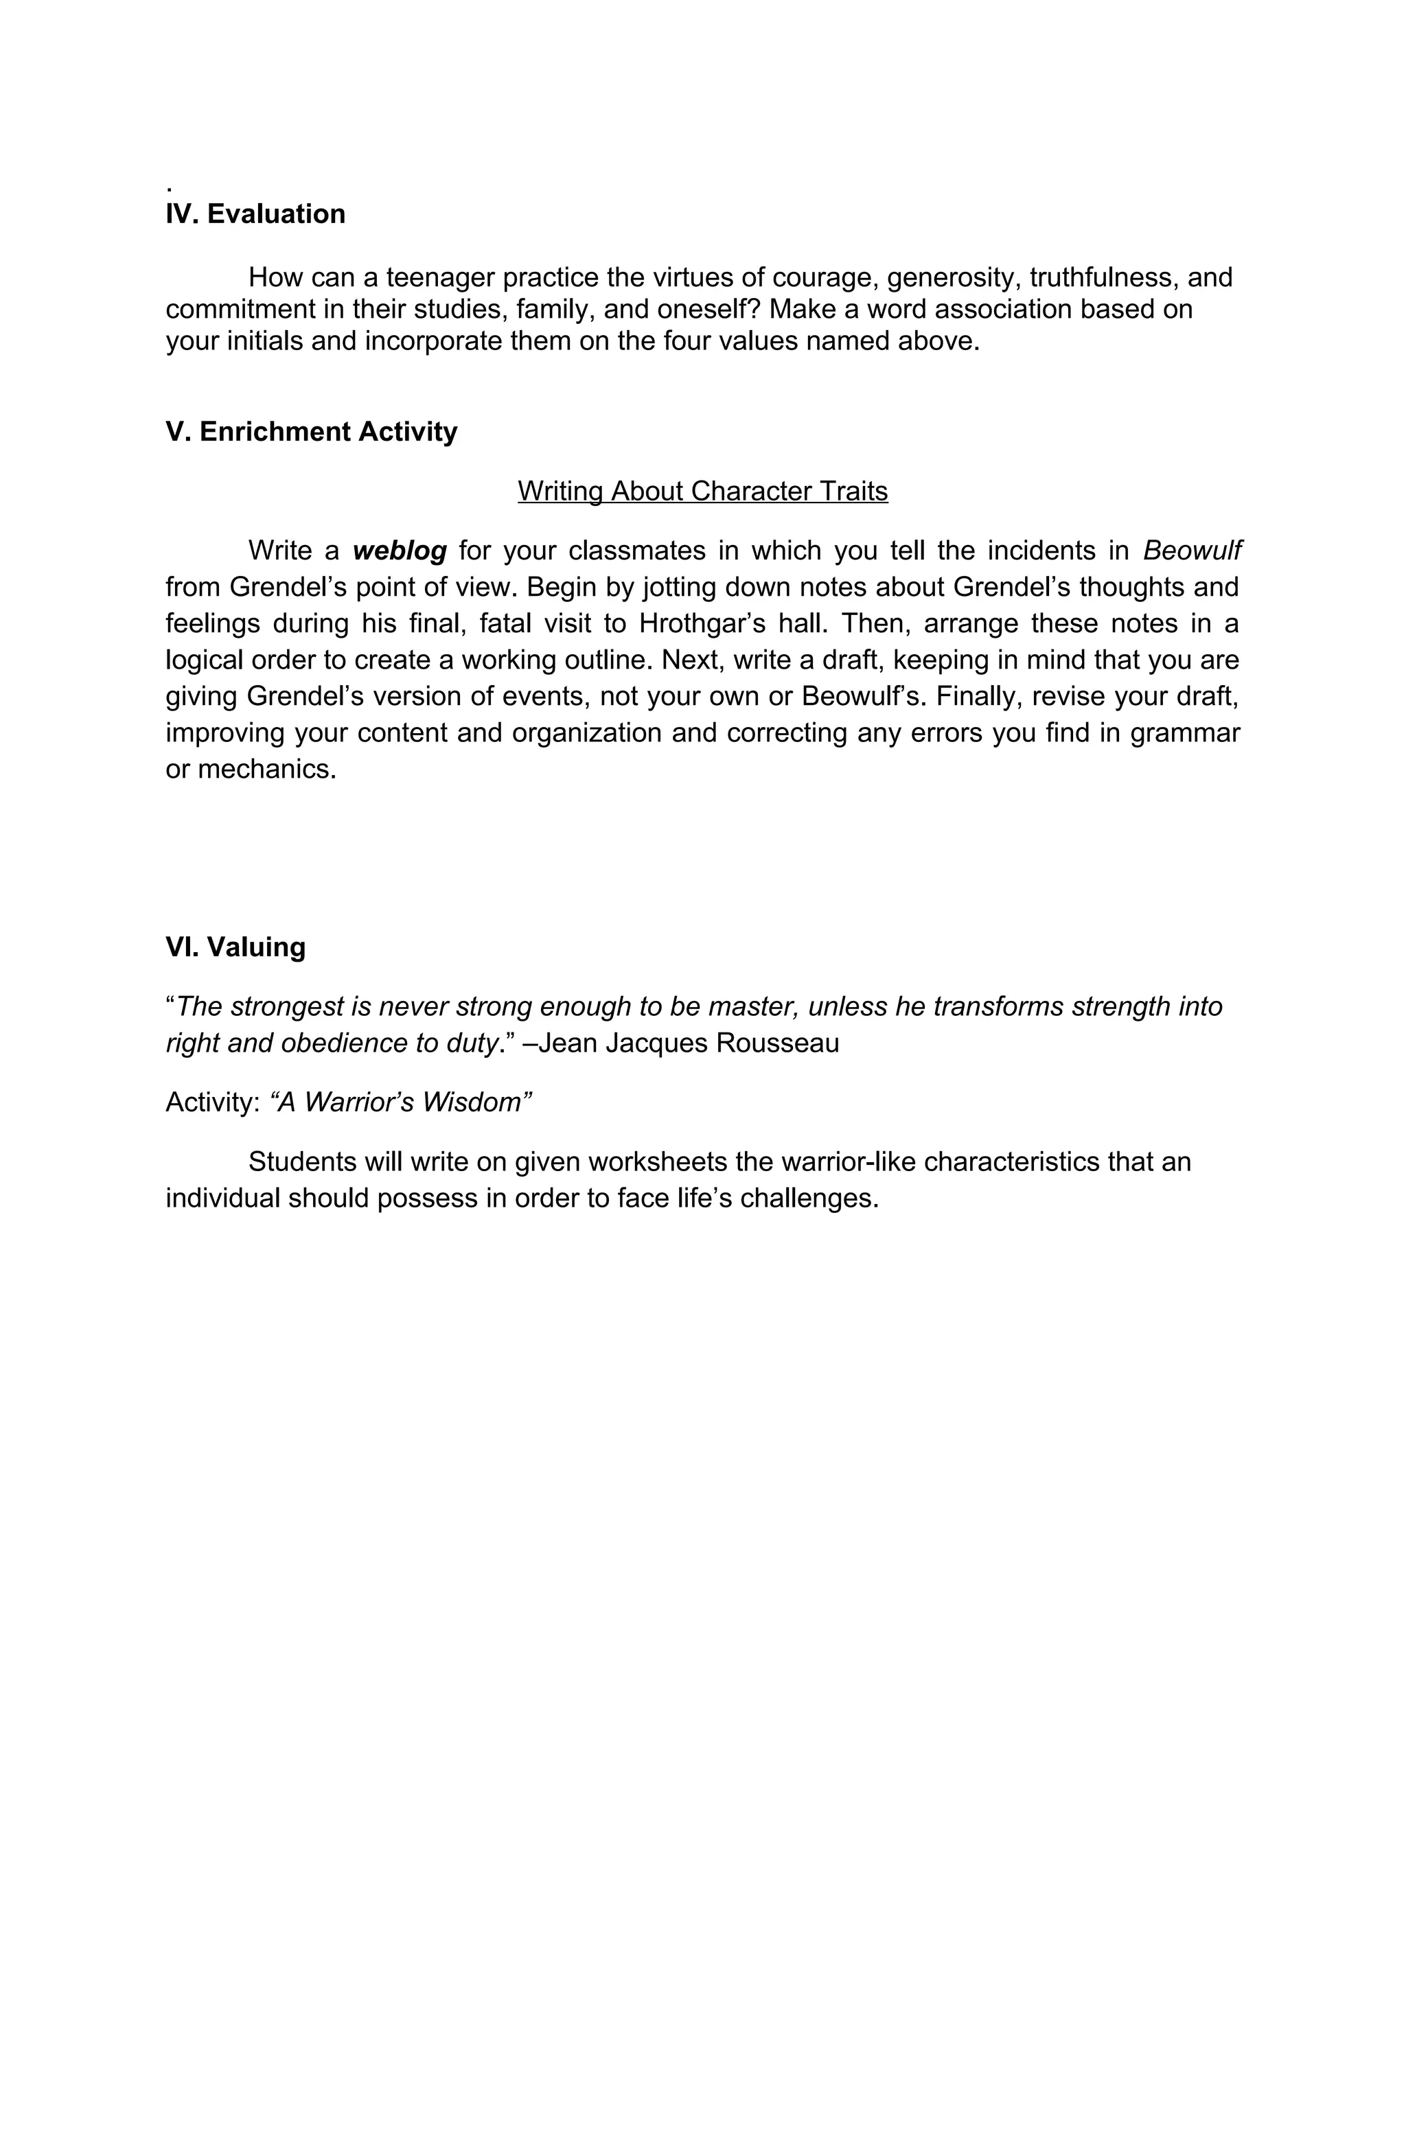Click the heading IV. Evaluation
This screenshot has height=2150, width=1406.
[255, 214]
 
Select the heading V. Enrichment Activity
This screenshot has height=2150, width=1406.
[311, 432]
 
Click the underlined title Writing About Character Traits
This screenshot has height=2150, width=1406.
[702, 492]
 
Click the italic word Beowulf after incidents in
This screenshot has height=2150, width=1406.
[1192, 550]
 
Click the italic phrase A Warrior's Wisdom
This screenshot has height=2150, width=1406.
[400, 1102]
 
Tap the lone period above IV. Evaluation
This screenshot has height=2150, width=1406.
[169, 188]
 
